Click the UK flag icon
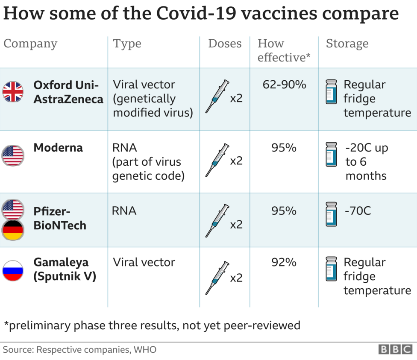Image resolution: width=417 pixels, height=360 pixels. (13, 91)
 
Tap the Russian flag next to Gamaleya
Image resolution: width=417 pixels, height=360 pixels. (13, 270)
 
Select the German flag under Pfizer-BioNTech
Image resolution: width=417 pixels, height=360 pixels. (13, 230)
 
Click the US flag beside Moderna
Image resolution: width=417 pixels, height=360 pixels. (13, 155)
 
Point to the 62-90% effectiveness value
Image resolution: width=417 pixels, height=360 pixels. (284, 85)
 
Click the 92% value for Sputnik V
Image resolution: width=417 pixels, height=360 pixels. (284, 262)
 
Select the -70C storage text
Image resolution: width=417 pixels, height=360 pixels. (358, 211)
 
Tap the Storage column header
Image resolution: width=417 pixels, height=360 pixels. (347, 44)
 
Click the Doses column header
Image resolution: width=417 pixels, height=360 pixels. (225, 44)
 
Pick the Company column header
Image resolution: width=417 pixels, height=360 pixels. (30, 44)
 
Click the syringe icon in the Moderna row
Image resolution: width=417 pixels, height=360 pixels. (217, 160)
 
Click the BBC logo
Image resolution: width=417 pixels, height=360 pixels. (395, 349)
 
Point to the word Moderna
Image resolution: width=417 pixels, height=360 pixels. (58, 148)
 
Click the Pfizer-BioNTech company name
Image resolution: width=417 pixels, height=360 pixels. (59, 218)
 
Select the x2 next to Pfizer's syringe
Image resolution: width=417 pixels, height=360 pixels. (236, 224)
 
